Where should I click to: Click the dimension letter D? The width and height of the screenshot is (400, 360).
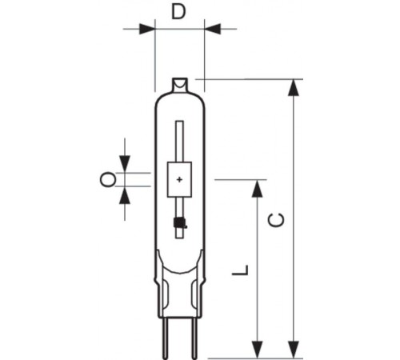pyautogui.click(x=178, y=12)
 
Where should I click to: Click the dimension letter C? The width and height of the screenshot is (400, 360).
pyautogui.click(x=277, y=220)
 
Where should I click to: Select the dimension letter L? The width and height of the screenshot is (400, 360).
pyautogui.click(x=241, y=270)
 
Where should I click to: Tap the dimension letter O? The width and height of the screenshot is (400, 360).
pyautogui.click(x=108, y=179)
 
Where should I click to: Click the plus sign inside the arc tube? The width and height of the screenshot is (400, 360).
pyautogui.click(x=179, y=179)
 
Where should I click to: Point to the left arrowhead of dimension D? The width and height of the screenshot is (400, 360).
pyautogui.click(x=147, y=29)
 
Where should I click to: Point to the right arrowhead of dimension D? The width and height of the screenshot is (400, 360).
pyautogui.click(x=213, y=29)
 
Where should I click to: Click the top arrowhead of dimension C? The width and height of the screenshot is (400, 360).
pyautogui.click(x=294, y=87)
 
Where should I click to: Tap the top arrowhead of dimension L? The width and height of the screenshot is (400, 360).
pyautogui.click(x=257, y=189)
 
